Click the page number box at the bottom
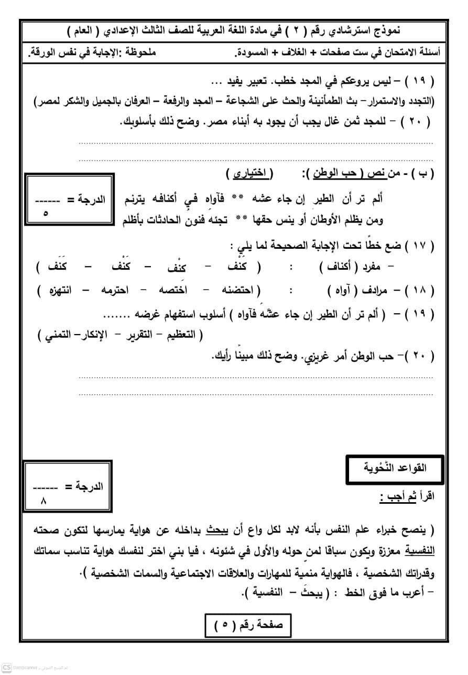click(x=247, y=624)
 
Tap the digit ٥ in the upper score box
click(x=44, y=214)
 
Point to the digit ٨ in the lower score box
click(x=44, y=500)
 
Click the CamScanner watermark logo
click(x=7, y=668)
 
